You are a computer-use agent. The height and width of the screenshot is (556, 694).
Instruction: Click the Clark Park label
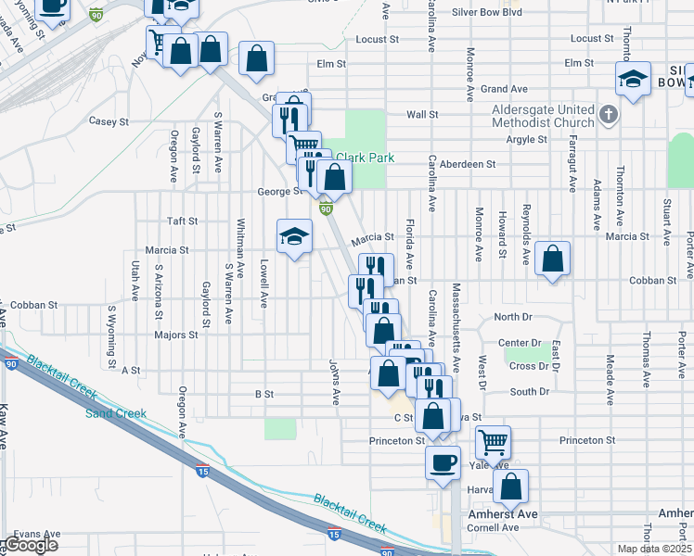coord(366,158)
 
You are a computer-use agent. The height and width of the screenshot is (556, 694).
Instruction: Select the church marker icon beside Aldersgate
coord(608,115)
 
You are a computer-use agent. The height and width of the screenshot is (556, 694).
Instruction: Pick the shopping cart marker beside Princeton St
coord(494,442)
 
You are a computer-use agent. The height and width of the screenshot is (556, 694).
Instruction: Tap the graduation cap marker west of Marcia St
coord(294,236)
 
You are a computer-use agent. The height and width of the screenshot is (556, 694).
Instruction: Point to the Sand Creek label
coord(116,413)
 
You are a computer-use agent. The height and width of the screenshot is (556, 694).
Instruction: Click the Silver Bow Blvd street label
coord(487,12)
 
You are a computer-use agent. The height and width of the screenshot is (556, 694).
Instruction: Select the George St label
coord(280,192)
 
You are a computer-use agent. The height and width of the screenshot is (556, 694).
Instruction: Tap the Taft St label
coord(182,221)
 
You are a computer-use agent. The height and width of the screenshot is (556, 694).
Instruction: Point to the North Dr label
coord(511,317)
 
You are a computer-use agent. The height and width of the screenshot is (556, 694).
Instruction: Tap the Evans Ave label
coord(37,534)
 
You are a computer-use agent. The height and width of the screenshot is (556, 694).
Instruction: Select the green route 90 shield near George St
coord(327,208)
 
